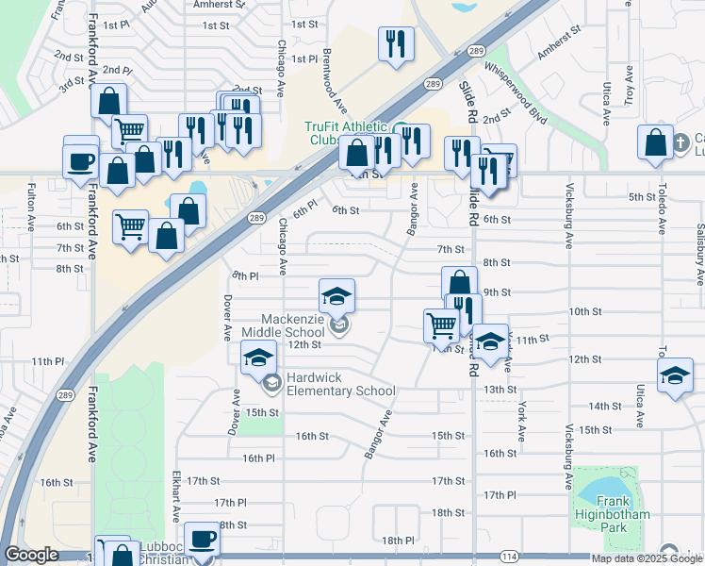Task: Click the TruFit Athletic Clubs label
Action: [x=346, y=133]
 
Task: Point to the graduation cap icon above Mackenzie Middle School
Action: [x=336, y=296]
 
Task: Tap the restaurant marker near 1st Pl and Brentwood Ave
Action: [x=396, y=43]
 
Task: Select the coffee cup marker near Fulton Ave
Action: [x=81, y=158]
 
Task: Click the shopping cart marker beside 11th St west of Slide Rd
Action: [x=441, y=325]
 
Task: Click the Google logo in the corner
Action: [x=31, y=555]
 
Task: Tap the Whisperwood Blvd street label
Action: [x=515, y=95]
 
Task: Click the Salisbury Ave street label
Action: [x=699, y=256]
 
